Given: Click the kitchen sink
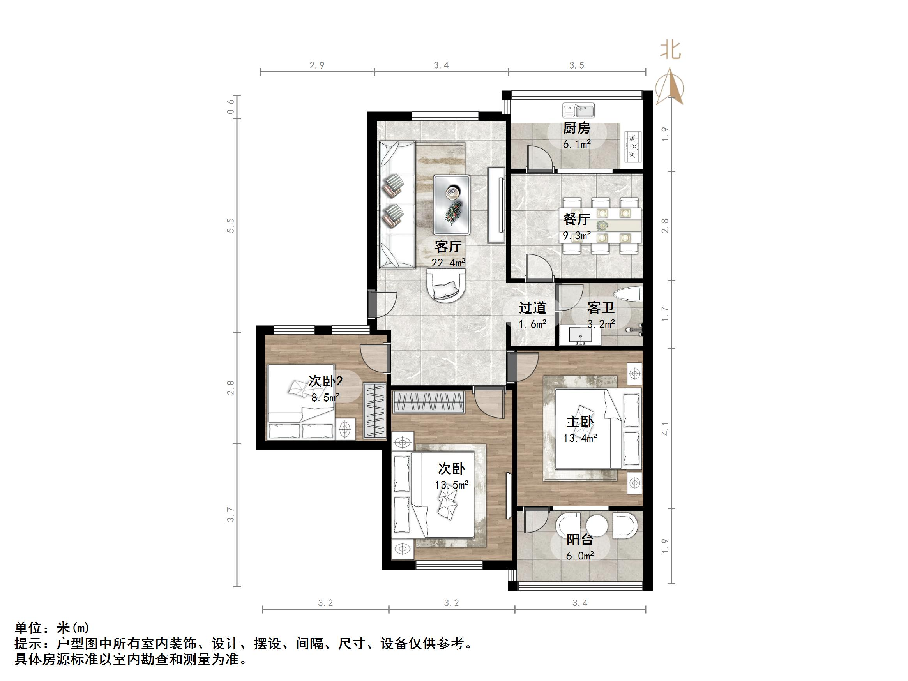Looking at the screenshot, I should click(578, 110).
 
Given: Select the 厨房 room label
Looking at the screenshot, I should click(576, 128).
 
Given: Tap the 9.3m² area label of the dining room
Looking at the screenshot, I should click(576, 236).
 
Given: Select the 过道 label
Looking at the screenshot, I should click(532, 308).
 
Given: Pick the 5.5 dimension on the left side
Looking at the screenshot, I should click(231, 225).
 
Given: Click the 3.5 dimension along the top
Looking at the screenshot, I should click(576, 65).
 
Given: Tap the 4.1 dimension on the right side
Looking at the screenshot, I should click(665, 429).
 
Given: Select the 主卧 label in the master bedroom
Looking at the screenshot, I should click(579, 422).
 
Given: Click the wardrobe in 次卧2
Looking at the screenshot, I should click(375, 411).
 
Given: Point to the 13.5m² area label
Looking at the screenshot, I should click(452, 485).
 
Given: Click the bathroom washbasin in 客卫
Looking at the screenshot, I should click(580, 335).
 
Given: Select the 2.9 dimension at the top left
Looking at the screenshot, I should click(317, 65).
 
